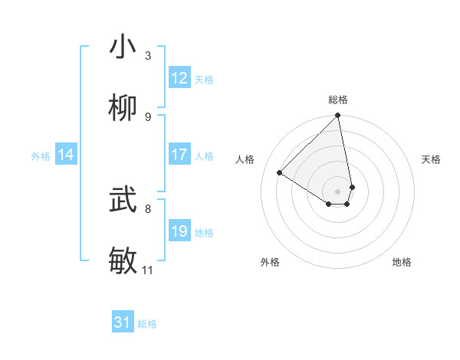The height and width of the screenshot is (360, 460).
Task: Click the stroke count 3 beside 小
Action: click(148, 56)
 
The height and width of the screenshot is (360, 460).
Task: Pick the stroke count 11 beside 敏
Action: click(148, 270)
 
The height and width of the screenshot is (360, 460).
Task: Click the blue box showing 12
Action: click(179, 78)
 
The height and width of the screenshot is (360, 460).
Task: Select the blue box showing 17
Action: click(179, 155)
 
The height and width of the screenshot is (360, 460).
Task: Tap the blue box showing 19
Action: click(179, 231)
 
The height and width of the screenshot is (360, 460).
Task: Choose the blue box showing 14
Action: click(66, 155)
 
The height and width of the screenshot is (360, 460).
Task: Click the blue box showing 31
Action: click(123, 323)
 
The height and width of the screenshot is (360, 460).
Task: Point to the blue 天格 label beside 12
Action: click(204, 80)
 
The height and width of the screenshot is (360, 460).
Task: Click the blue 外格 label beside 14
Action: click(41, 156)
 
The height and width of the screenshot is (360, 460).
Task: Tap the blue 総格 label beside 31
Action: click(147, 325)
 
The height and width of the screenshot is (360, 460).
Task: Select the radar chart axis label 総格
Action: click(338, 100)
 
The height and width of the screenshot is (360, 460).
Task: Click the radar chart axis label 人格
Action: click(245, 159)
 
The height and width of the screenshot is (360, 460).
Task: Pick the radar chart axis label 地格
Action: click(402, 262)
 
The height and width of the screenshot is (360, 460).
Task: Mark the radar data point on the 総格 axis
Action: click(338, 116)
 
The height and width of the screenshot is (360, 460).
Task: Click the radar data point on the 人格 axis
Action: click(280, 172)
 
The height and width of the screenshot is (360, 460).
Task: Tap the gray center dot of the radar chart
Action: click(338, 191)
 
